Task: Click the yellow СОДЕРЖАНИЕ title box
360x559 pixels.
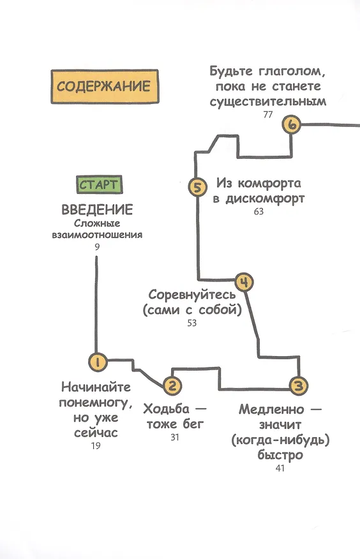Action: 105,87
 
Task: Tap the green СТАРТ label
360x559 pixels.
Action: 100,184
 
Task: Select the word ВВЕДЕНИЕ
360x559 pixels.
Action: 97,209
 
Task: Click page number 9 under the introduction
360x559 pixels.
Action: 97,247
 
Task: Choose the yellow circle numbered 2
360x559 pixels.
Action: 172,385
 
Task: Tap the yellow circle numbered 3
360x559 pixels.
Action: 298,385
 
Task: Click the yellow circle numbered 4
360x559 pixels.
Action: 244,282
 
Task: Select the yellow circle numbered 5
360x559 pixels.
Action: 197,187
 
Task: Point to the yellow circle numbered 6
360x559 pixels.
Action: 292,125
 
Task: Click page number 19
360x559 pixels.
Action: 96,445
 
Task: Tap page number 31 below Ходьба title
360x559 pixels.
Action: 175,437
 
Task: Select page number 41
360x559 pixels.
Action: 280,468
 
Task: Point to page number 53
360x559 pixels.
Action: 191,323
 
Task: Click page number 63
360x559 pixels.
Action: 259,211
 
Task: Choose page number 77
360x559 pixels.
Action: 267,114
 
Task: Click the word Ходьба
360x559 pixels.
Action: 167,409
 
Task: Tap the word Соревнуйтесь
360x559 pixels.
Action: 192,295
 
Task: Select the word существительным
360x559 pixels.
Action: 267,101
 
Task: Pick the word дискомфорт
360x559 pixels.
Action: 265,199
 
